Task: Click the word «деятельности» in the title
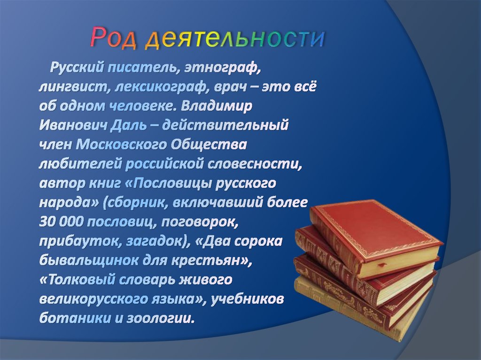234,38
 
